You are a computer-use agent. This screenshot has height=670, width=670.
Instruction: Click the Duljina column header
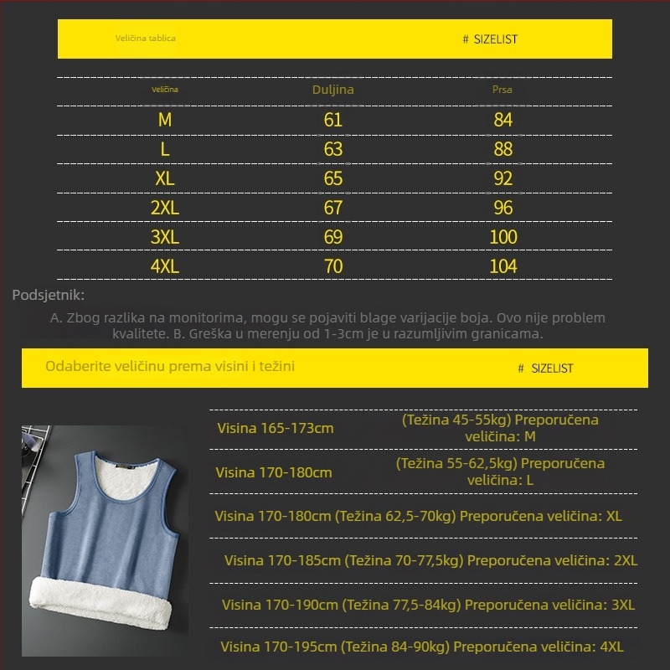[x=333, y=90]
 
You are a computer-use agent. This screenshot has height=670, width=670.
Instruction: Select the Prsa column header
[x=502, y=90]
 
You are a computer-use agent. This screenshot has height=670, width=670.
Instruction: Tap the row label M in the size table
[x=165, y=120]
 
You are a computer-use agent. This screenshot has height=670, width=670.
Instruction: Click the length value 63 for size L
[x=333, y=149]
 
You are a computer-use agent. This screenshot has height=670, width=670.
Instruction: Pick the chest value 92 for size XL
[x=502, y=178]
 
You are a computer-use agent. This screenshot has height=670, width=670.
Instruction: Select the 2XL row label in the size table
[x=165, y=208]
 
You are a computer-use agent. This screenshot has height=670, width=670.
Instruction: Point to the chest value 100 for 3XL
[x=503, y=237]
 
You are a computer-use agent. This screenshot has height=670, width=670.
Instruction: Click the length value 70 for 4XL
[x=333, y=266]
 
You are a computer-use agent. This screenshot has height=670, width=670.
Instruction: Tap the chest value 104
[x=503, y=266]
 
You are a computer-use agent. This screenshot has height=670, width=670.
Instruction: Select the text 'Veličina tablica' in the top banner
[x=146, y=38]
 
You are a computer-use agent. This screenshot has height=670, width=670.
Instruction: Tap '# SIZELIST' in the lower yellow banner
[x=546, y=368]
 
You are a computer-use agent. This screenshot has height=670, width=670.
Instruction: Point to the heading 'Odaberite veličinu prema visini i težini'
[x=170, y=367]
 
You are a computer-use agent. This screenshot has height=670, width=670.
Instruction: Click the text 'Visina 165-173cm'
[x=276, y=429]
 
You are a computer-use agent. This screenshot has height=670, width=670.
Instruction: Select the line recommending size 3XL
[x=428, y=605]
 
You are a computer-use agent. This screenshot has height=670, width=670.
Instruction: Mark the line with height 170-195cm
[x=422, y=647]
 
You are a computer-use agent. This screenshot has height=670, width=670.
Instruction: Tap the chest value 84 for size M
[x=502, y=120]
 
